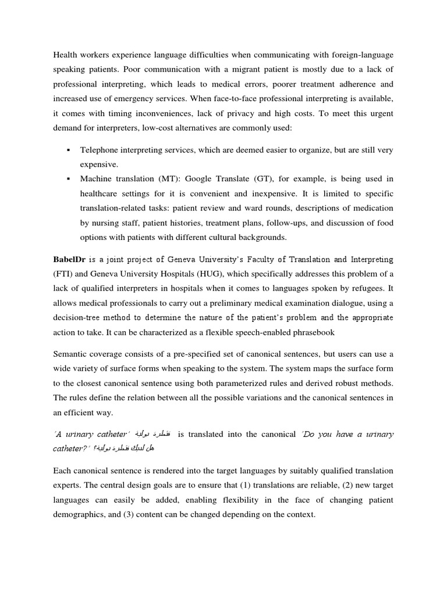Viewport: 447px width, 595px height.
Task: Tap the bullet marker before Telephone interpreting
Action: pos(68,150)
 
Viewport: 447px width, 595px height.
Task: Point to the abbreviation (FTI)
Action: pos(63,274)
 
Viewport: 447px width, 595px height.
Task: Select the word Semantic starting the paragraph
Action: pos(72,354)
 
